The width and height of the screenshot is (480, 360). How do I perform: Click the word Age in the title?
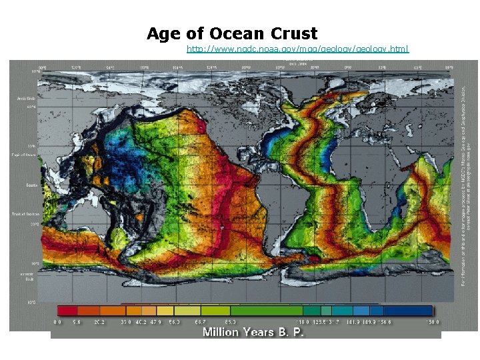click(x=164, y=33)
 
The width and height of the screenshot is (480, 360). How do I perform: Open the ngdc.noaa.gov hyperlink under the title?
click(x=298, y=49)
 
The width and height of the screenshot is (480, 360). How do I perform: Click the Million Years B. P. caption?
click(x=253, y=332)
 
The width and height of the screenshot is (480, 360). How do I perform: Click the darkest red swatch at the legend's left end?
click(x=67, y=310)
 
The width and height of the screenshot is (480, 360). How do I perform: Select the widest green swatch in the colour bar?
click(x=267, y=310)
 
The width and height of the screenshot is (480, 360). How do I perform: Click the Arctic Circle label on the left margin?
click(x=25, y=99)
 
